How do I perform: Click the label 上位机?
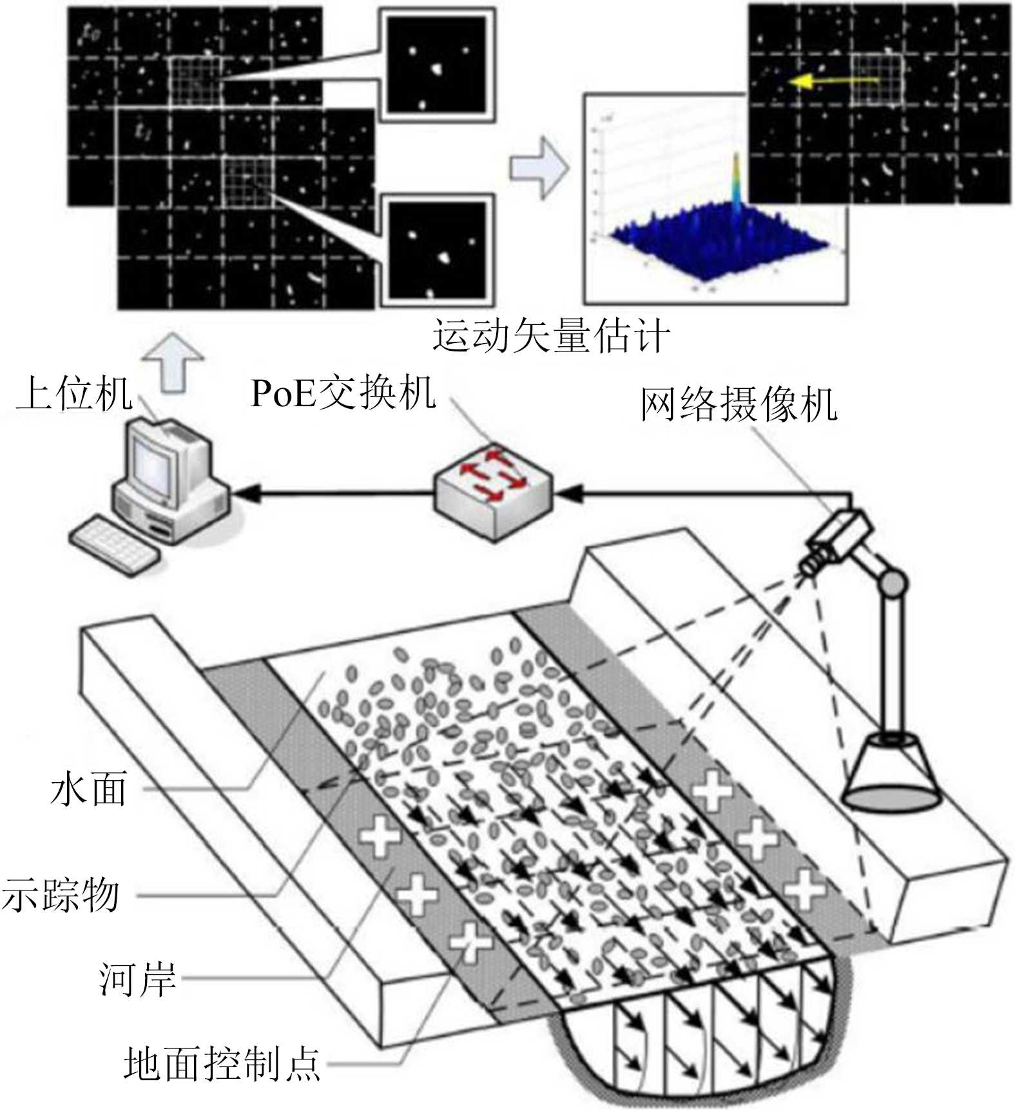tap(74, 393)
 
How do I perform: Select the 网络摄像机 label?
tap(738, 405)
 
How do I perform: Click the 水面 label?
tap(89, 788)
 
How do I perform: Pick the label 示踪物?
tap(61, 895)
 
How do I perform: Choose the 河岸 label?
tap(137, 979)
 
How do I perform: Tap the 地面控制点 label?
tap(222, 1063)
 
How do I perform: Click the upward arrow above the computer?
tap(173, 361)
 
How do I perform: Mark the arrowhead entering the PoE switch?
tap(568, 495)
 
